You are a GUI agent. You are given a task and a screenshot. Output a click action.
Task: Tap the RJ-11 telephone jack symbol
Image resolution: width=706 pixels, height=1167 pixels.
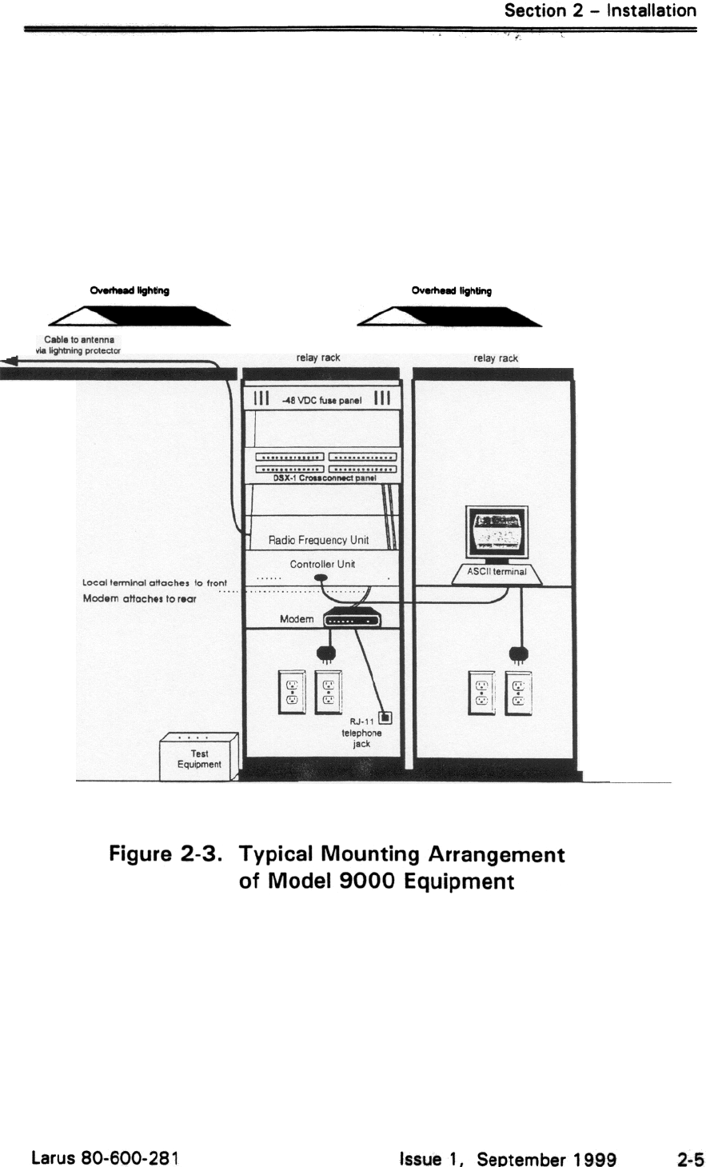385,717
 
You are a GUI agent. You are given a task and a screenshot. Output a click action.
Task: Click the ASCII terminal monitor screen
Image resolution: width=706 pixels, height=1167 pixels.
497,530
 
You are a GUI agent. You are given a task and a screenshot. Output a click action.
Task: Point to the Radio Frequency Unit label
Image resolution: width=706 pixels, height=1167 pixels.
318,541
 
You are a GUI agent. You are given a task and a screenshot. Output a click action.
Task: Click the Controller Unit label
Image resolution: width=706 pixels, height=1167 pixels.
322,564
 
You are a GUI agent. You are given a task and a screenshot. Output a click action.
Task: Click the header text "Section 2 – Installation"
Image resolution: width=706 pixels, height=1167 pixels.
600,10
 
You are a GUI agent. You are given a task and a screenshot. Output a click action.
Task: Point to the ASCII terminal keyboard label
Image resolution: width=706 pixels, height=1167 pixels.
497,572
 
